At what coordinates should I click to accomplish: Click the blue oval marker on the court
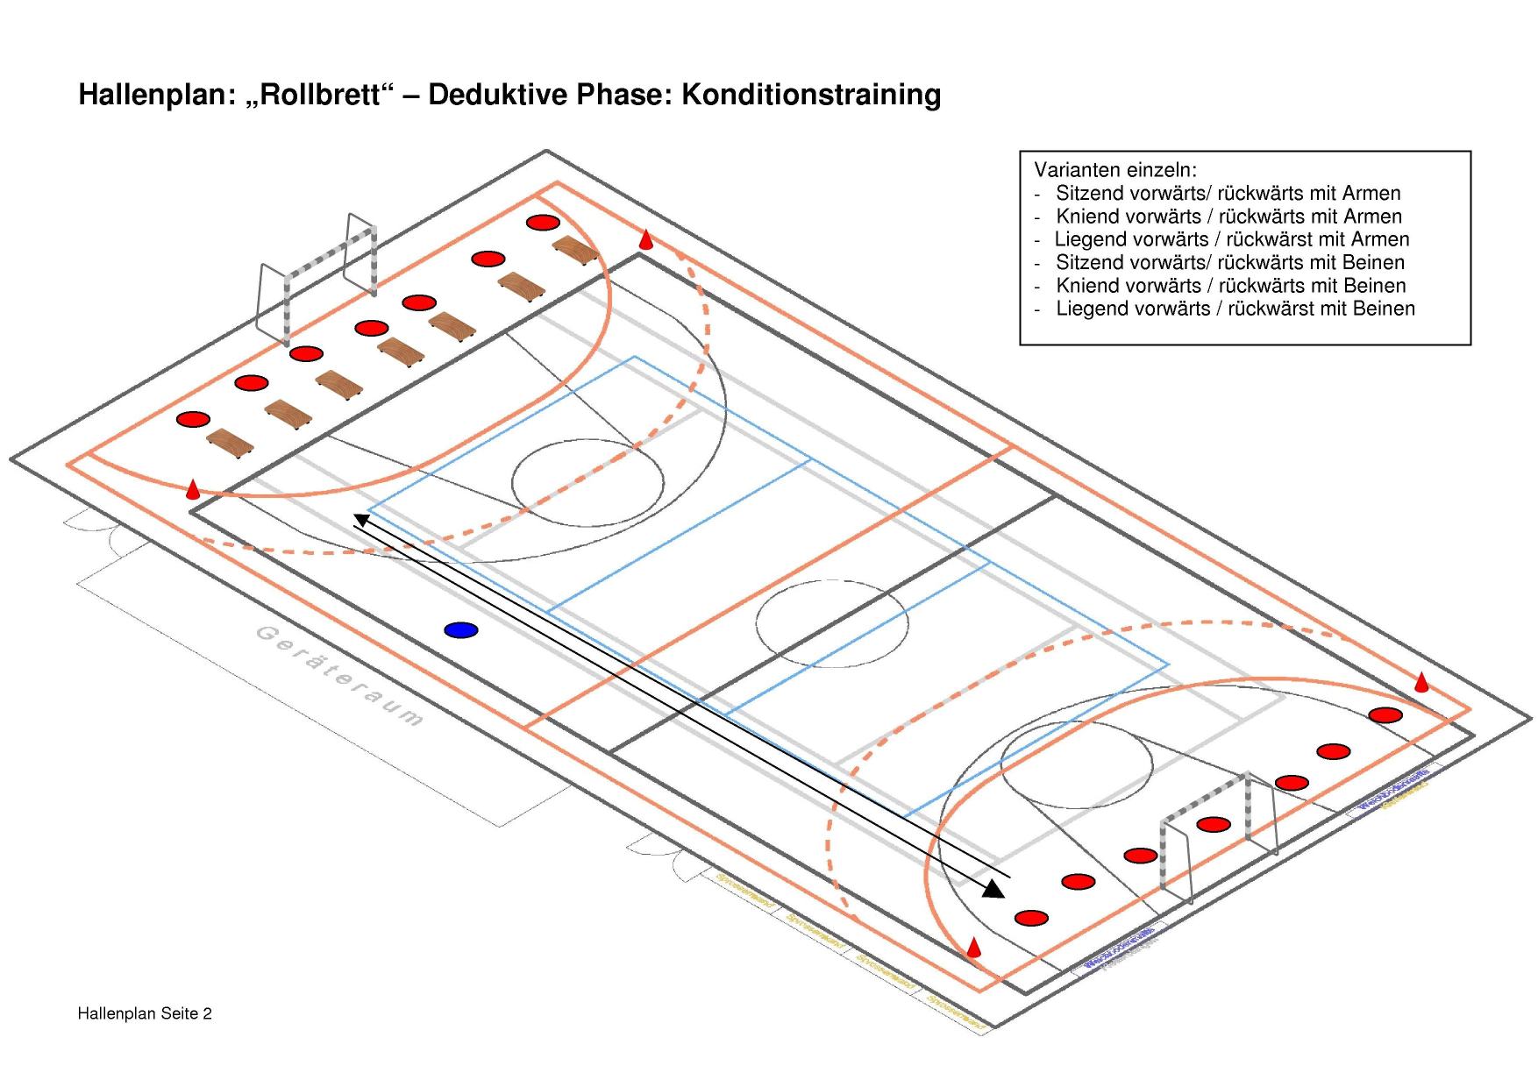tap(461, 629)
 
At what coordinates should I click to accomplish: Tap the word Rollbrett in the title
tap(321, 94)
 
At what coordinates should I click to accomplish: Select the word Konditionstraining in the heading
tap(811, 94)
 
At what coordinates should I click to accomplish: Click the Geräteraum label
tap(339, 677)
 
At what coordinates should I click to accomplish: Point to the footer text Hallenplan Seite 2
tap(145, 1014)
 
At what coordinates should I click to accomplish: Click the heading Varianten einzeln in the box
tap(1115, 170)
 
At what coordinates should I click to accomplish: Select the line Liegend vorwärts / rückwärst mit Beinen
tap(1235, 309)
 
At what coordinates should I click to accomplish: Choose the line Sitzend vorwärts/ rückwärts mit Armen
tap(1228, 193)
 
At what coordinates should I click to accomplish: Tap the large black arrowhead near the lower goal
tap(993, 889)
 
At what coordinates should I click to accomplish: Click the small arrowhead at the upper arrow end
tap(360, 520)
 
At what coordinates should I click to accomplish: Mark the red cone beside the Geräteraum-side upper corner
tap(192, 489)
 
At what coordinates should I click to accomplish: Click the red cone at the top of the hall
tap(645, 238)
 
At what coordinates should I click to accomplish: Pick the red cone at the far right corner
tap(1421, 682)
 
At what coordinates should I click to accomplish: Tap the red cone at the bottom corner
tap(973, 947)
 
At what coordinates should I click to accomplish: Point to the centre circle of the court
tap(831, 623)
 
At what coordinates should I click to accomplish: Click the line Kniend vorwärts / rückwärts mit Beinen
tap(1230, 286)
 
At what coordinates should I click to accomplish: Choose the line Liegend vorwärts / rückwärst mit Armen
tap(1232, 239)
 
